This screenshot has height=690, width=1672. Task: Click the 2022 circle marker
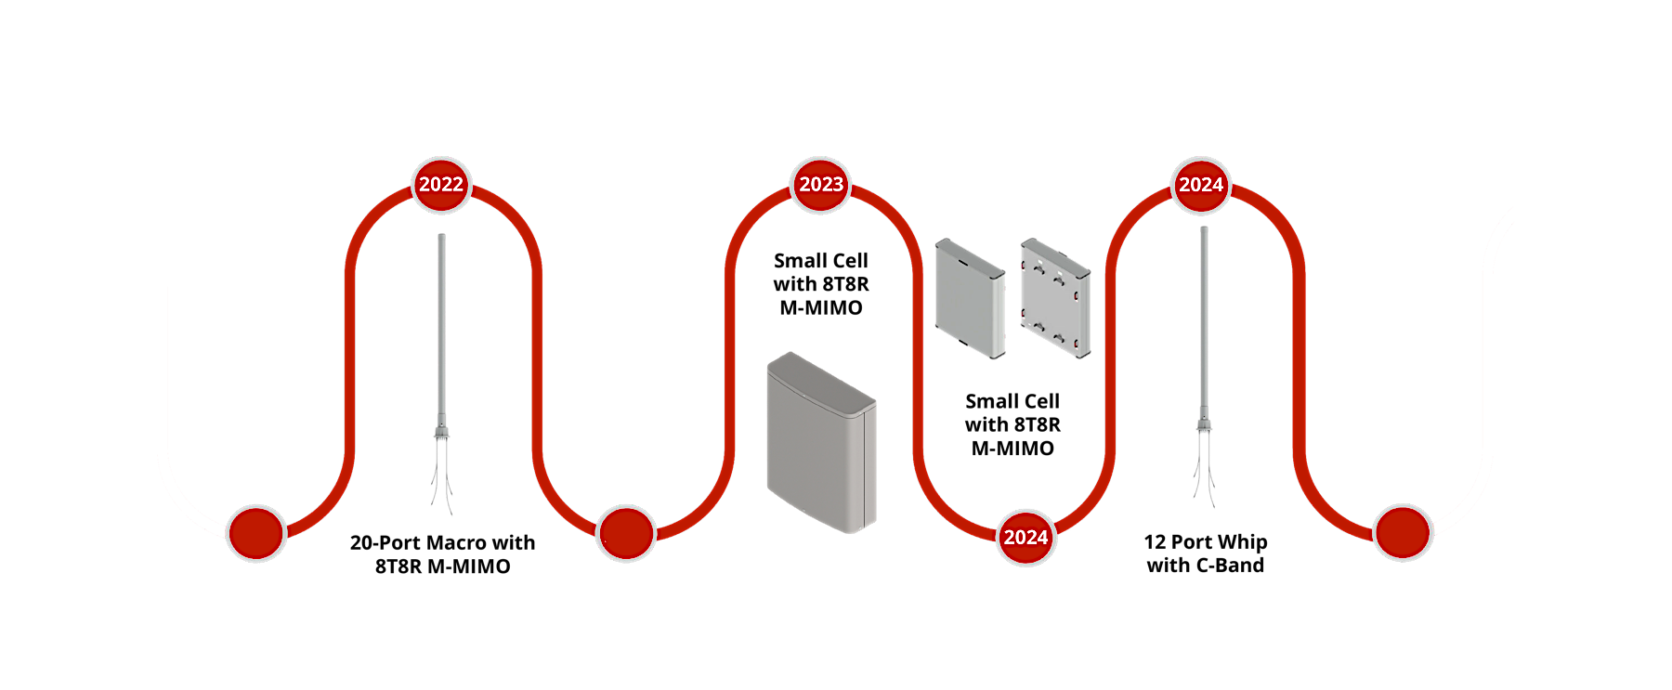pos(441,185)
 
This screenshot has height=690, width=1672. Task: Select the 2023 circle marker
pos(821,185)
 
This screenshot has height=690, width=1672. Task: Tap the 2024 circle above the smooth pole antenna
pos(1201,185)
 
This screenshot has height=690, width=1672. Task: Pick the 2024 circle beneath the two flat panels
pos(1025,537)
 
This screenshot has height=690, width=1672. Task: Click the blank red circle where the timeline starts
pos(256,533)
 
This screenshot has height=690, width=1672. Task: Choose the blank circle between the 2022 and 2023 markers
pos(626,533)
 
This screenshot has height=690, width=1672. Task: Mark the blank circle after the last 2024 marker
pos(1403,533)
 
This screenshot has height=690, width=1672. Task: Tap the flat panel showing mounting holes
pos(1054,299)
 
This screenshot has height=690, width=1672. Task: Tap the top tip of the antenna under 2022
pos(442,238)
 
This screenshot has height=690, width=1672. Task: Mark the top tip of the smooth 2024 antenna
pos(1204,229)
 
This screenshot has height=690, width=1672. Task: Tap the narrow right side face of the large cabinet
pos(869,464)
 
